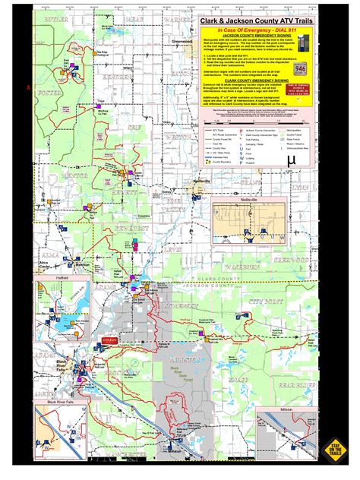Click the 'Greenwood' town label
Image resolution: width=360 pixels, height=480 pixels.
click(x=181, y=62)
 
